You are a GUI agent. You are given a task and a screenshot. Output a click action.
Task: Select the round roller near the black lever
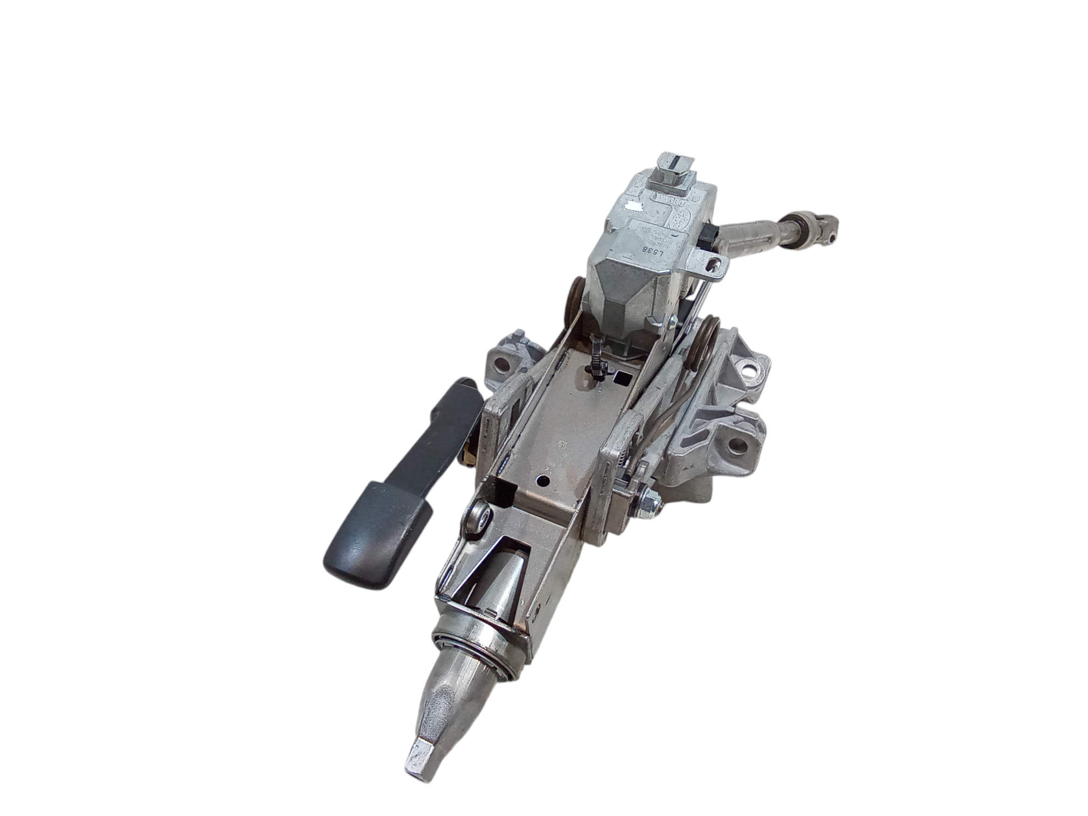coord(479,517)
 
